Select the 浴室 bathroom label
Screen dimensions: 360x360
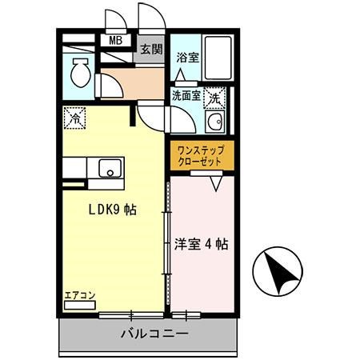tap(186, 58)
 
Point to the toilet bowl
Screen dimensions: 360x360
tap(81, 74)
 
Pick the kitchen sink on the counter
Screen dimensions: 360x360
tap(109, 170)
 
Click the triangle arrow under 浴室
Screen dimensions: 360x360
tap(182, 78)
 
